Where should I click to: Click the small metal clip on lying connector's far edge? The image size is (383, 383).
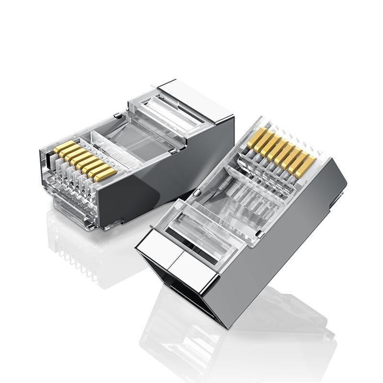point(117,115)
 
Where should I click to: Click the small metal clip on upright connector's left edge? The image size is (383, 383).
point(196,192)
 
